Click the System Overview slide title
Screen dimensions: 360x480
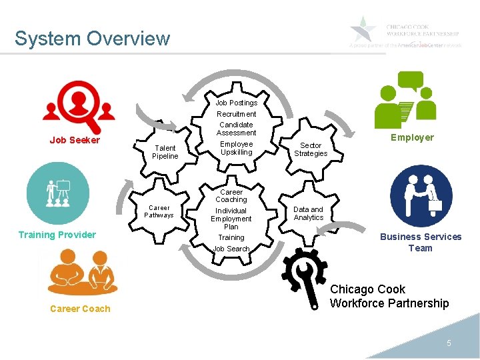(x=92, y=38)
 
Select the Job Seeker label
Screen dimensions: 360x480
(x=75, y=140)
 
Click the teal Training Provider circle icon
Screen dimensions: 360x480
(x=57, y=193)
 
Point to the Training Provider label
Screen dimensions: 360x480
(x=57, y=235)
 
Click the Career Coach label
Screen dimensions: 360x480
(x=80, y=309)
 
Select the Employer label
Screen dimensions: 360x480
(x=412, y=137)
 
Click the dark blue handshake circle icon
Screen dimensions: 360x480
(x=421, y=196)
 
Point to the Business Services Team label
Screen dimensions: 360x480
(x=421, y=242)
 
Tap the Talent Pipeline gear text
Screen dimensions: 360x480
(x=165, y=152)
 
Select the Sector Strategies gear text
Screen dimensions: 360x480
(x=311, y=149)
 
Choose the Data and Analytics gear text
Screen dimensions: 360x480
(x=309, y=213)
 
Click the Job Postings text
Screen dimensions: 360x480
(x=236, y=103)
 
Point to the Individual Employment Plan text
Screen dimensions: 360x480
(x=231, y=219)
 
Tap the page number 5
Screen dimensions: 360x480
(x=449, y=343)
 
